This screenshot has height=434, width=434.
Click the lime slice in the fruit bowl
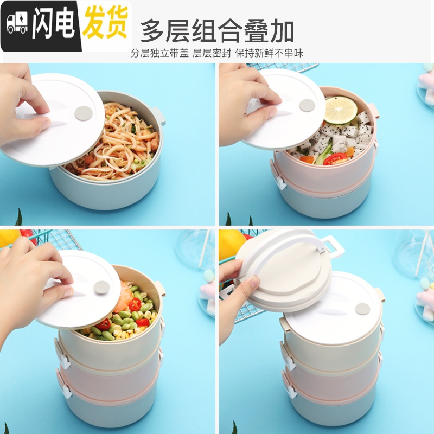point(341,110)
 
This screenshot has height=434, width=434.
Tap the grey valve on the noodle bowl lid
point(84,113)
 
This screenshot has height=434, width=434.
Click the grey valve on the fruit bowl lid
point(307,105)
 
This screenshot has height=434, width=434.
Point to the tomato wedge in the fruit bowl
point(335,158)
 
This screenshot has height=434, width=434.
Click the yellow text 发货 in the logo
point(105,23)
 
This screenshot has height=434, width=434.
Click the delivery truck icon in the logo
point(17,24)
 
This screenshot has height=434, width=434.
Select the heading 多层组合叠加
point(218,31)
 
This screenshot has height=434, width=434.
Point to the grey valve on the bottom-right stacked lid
point(362,309)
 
